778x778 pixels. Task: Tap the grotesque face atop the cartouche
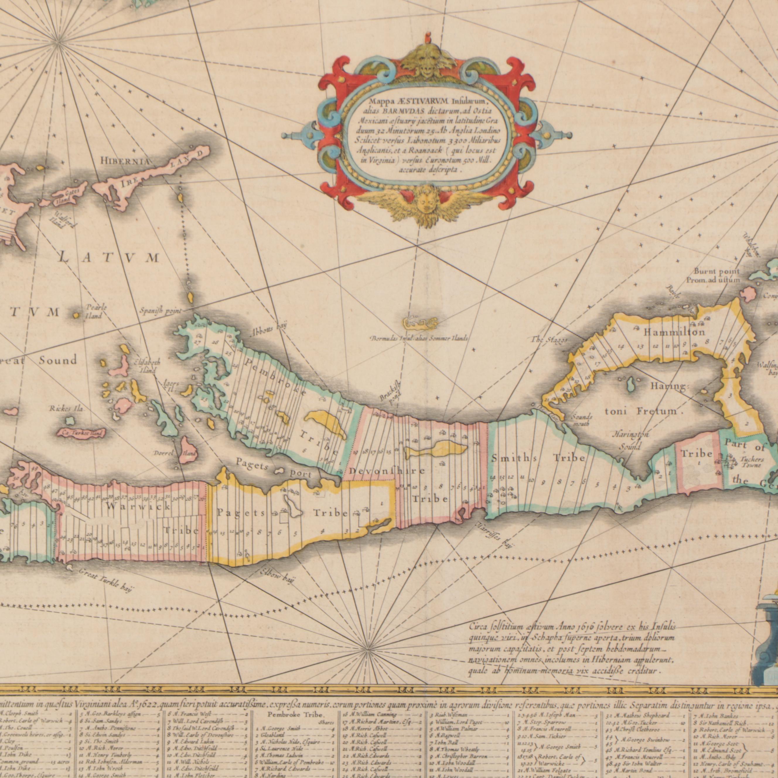pyautogui.click(x=428, y=61)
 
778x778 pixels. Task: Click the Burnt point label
pyautogui.click(x=716, y=275)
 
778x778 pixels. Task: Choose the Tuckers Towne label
pyautogui.click(x=751, y=462)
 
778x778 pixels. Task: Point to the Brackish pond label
pyautogui.click(x=390, y=390)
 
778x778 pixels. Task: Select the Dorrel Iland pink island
pyautogui.click(x=188, y=451)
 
